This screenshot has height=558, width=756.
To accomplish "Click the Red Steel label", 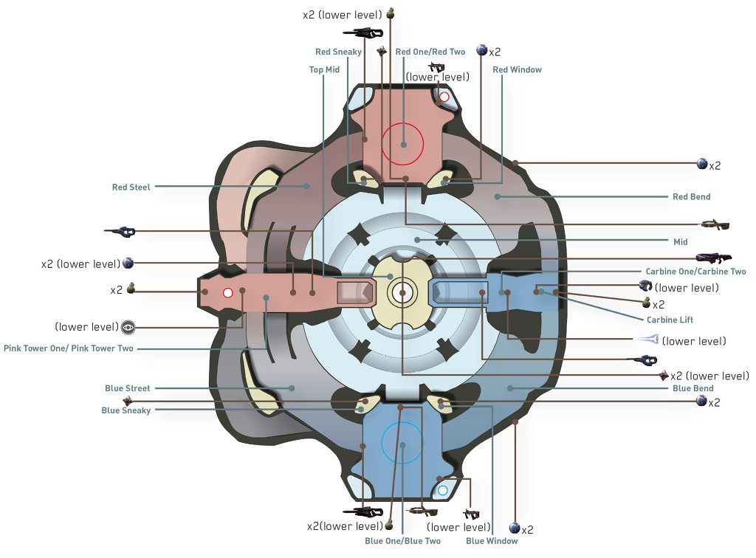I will tap(131, 187).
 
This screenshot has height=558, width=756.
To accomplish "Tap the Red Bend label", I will tap(691, 197).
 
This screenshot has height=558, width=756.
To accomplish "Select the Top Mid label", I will tap(324, 70).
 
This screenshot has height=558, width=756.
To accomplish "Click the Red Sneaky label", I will tap(338, 52).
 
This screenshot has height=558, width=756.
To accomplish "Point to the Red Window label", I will tap(517, 70).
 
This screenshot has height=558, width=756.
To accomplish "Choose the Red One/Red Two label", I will tap(430, 52).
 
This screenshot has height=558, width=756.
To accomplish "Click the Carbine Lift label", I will tap(670, 320).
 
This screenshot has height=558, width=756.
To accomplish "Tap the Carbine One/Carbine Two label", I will tap(695, 272).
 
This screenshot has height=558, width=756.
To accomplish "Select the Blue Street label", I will tap(127, 388).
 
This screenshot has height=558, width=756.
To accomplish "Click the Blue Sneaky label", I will tap(126, 410).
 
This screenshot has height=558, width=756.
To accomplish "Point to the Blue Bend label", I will tap(693, 388).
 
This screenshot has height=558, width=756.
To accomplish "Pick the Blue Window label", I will tap(492, 541).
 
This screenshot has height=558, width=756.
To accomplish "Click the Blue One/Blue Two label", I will tap(402, 541).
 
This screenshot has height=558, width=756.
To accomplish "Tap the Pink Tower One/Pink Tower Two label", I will tap(69, 348).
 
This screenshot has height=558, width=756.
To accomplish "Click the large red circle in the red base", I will tap(403, 144).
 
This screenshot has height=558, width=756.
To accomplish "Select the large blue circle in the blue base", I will tap(402, 443).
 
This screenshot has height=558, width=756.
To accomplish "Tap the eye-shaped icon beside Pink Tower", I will tap(128, 326).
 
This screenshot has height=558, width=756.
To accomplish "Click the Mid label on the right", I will tap(680, 241).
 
